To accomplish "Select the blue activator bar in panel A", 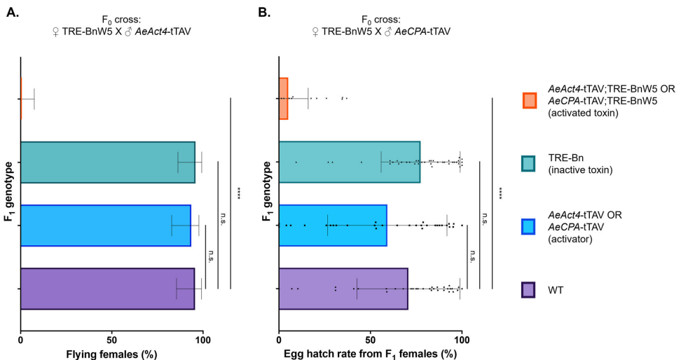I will click(105, 225).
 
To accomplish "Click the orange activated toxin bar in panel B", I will click(283, 99).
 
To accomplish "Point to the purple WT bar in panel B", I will click(343, 288).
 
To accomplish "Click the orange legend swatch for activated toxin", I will click(530, 102).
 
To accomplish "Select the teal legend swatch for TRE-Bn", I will click(530, 163).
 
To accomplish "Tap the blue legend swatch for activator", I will click(530, 227).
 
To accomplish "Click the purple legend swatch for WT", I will click(530, 289).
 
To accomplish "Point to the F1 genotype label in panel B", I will click(268, 193).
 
